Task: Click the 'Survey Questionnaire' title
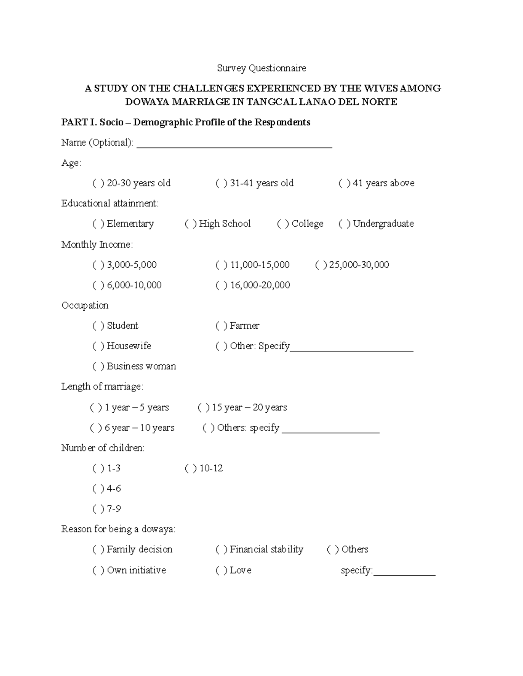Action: pos(261,68)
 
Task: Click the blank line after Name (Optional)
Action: pos(234,145)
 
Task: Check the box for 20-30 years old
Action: pos(98,183)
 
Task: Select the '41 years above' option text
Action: pos(384,183)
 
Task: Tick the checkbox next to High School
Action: pos(190,224)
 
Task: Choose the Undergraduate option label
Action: pos(383,224)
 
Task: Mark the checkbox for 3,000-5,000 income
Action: pos(98,265)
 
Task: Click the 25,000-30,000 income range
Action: pos(359,265)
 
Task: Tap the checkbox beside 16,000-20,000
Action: pos(221,285)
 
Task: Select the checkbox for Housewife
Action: pos(98,346)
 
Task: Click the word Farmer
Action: pos(245,326)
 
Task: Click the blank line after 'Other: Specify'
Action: pos(352,348)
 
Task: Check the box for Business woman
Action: pos(98,367)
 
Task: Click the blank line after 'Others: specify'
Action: pos(331,430)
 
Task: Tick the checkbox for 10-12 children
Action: pos(190,468)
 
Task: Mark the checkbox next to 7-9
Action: pos(98,509)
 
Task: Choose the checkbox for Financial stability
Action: pos(221,549)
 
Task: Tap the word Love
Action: pos(241,570)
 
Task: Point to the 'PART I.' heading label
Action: pos(79,122)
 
